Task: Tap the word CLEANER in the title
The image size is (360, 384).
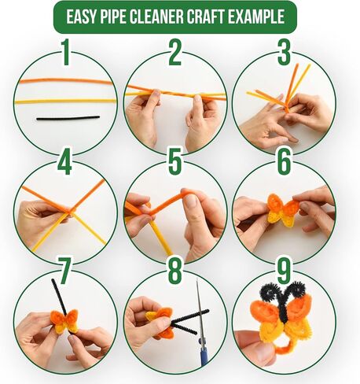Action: [x=156, y=17]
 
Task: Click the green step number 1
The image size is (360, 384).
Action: [x=66, y=53]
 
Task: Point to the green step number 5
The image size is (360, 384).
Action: [x=175, y=161]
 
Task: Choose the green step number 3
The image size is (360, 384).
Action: [x=284, y=53]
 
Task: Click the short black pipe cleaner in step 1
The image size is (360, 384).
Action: [x=68, y=118]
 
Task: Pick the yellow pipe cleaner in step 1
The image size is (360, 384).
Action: [x=65, y=101]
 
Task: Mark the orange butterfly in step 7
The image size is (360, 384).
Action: [x=64, y=321]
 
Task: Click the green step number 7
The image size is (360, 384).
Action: [x=64, y=270]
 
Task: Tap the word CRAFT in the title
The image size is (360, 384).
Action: [x=205, y=17]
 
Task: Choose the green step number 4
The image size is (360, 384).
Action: [x=64, y=161]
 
